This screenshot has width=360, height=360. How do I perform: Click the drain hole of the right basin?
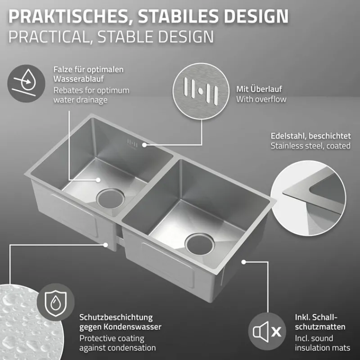pyautogui.click(x=198, y=243)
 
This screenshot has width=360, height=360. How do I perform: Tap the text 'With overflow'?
pyautogui.click(x=261, y=99)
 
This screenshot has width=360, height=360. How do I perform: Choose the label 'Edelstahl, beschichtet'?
pyautogui.click(x=310, y=136)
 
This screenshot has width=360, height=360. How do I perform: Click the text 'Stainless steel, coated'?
pyautogui.click(x=310, y=146)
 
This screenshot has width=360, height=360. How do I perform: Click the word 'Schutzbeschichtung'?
pyautogui.click(x=116, y=317)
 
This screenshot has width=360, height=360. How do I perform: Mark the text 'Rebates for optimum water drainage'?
pyautogui.click(x=91, y=95)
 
